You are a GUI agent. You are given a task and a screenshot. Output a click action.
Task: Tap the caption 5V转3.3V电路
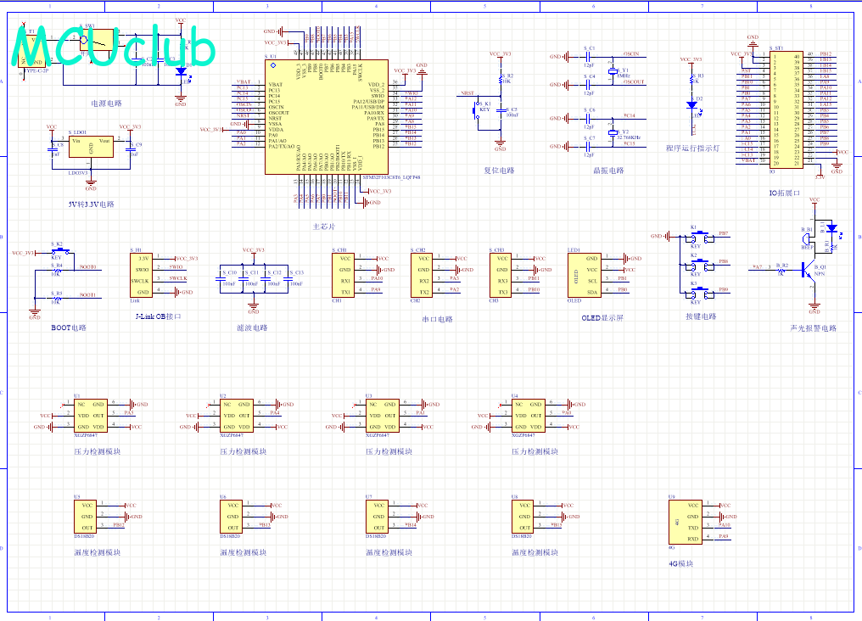(91, 204)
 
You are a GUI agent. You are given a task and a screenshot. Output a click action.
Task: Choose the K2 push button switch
(695, 266)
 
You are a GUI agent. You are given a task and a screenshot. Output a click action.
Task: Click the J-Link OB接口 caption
(159, 316)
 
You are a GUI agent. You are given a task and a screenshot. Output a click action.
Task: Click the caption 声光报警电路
(813, 327)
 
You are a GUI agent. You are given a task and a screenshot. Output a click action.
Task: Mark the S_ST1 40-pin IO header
(787, 109)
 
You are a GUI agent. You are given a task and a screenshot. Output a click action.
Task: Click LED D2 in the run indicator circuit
(691, 105)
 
